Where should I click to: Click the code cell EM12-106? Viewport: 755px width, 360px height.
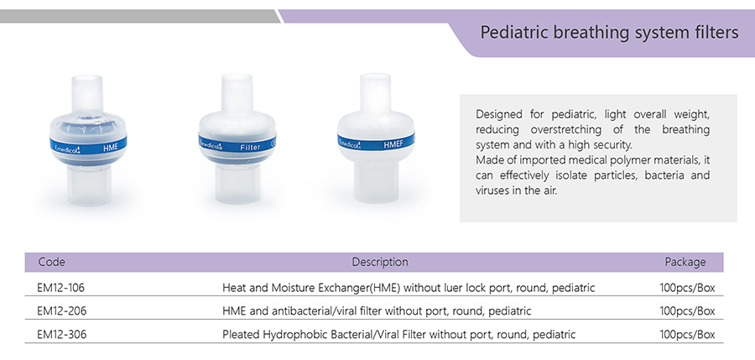tap(60, 288)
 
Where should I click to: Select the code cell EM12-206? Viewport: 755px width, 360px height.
tap(61, 310)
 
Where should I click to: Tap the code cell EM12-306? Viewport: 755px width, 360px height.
tap(61, 334)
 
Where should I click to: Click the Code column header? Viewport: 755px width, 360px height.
tap(51, 262)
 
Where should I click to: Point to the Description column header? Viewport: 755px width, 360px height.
tap(380, 262)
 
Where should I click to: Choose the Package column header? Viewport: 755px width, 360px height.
tap(685, 262)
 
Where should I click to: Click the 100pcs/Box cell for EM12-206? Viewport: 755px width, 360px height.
tap(687, 310)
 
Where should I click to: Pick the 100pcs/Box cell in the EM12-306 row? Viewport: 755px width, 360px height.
tap(687, 334)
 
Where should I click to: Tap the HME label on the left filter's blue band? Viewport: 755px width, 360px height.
tap(110, 148)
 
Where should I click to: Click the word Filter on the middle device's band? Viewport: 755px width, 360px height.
tap(250, 147)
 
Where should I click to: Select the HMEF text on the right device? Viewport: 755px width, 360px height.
tap(393, 144)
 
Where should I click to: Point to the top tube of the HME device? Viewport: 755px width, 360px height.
tap(87, 93)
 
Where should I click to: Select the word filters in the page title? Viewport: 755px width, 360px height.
tap(714, 32)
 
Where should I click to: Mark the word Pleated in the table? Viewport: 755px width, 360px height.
tap(240, 334)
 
